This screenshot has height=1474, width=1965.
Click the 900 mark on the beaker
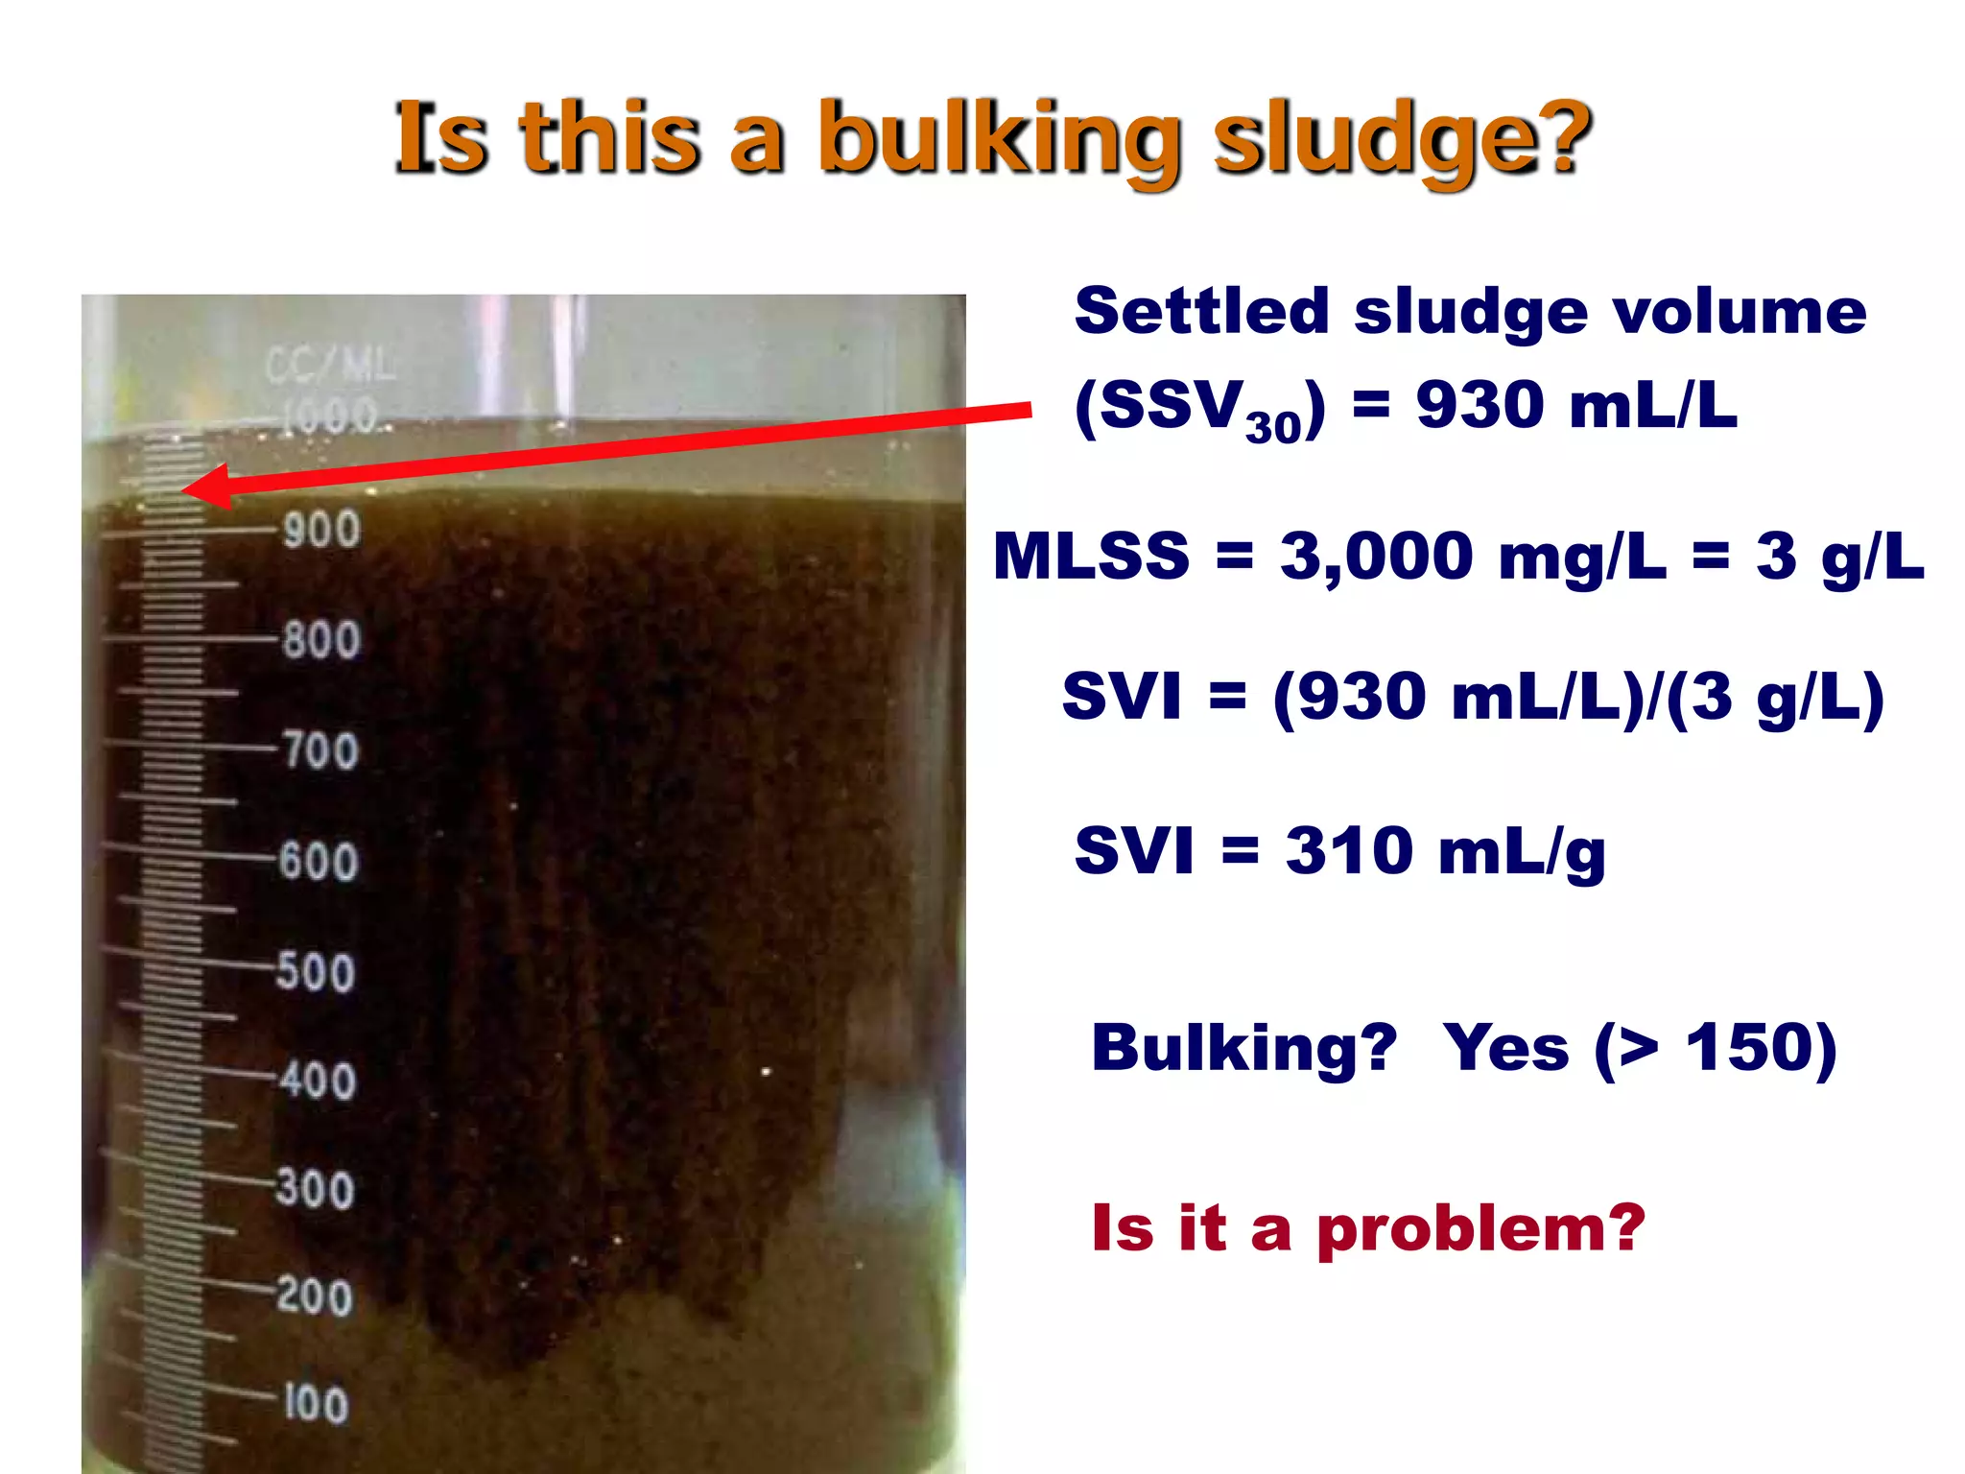[x=321, y=530]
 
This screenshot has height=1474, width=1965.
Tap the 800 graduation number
[x=321, y=640]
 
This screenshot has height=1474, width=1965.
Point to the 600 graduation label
[x=319, y=861]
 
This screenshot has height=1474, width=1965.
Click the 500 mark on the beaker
[x=316, y=971]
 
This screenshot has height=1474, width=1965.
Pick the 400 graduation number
[x=318, y=1081]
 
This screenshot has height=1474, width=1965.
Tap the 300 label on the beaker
[x=316, y=1189]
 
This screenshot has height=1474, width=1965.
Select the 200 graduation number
[x=315, y=1296]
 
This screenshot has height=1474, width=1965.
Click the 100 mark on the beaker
[x=316, y=1404]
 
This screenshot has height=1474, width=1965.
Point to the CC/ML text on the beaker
[x=330, y=366]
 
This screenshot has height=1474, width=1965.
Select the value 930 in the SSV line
[x=1479, y=405]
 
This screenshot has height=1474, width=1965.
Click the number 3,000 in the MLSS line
[x=1376, y=557]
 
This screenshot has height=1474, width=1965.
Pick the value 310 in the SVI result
[x=1349, y=851]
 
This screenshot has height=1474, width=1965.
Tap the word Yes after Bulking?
[x=1505, y=1048]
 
